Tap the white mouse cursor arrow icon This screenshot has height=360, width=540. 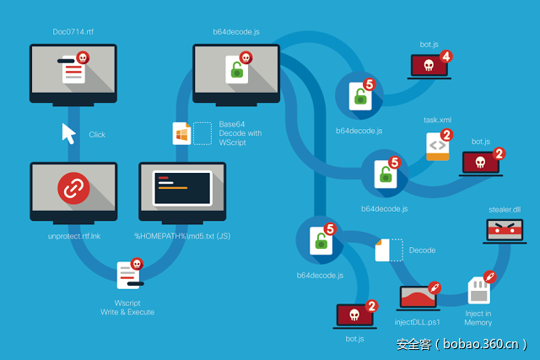pyautogui.click(x=68, y=133)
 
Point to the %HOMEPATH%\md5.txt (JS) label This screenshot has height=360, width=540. pyautogui.click(x=182, y=236)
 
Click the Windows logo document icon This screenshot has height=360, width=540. pyautogui.click(x=181, y=133)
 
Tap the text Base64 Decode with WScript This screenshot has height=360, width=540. pyautogui.click(x=240, y=133)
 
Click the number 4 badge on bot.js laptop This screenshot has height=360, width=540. pyautogui.click(x=445, y=56)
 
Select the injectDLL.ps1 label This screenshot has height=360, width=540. pyautogui.click(x=418, y=321)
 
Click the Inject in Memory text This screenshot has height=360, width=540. pyautogui.click(x=478, y=317)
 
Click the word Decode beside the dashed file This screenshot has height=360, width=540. pyautogui.click(x=422, y=250)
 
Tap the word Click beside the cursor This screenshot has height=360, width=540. pyautogui.click(x=97, y=134)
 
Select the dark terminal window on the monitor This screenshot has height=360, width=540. pyautogui.click(x=181, y=188)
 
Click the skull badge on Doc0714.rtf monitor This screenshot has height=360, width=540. pyautogui.click(x=83, y=57)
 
